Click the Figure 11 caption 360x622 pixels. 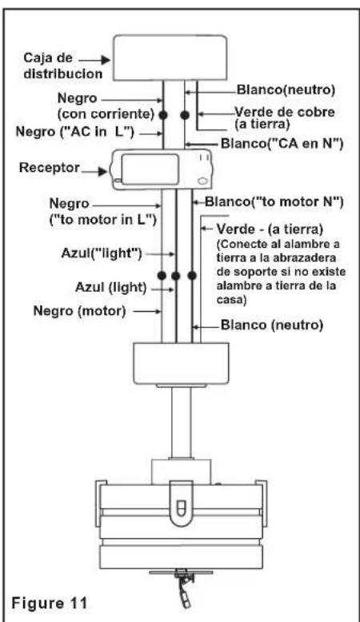pyautogui.click(x=50, y=604)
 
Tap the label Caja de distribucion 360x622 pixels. pyautogui.click(x=62, y=66)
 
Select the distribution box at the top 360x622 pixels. pyautogui.click(x=170, y=58)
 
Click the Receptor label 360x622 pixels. pyautogui.click(x=50, y=167)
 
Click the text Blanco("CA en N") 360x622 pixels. pyautogui.click(x=282, y=144)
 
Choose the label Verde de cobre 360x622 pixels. pyautogui.click(x=285, y=112)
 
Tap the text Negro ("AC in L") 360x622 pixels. pyautogui.click(x=74, y=132)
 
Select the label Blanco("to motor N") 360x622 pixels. pyautogui.click(x=274, y=202)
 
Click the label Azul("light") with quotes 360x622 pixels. pyautogui.click(x=102, y=253)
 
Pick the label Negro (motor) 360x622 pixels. pyautogui.click(x=79, y=311)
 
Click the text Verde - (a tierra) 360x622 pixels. pyautogui.click(x=270, y=229)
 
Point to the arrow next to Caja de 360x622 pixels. pyautogui.click(x=94, y=60)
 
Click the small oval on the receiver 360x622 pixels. pyautogui.click(x=202, y=181)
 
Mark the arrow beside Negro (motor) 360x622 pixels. pyautogui.click(x=147, y=312)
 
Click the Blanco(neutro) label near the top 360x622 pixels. pyautogui.click(x=286, y=90)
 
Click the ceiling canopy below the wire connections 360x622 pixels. pyautogui.click(x=181, y=364)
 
